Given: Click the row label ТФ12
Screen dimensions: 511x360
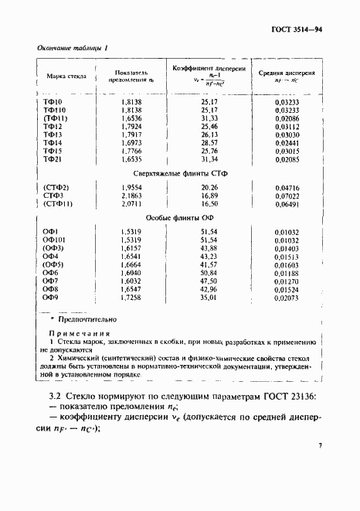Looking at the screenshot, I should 53,126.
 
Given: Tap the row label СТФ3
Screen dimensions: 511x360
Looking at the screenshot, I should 53,197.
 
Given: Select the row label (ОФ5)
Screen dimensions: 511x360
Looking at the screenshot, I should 53,264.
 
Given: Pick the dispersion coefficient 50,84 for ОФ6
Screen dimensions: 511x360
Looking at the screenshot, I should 209,273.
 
